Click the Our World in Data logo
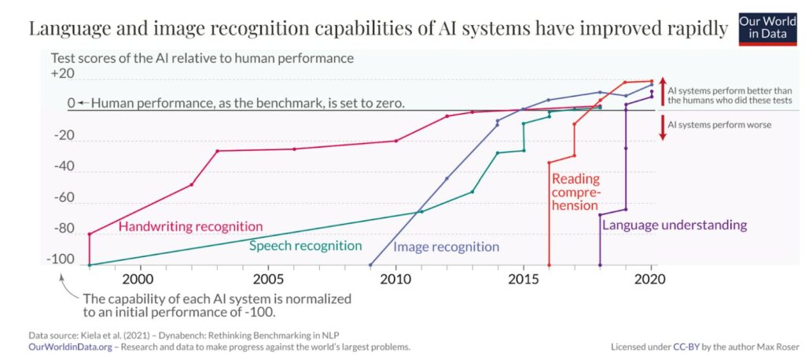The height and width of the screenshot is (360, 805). (770, 28)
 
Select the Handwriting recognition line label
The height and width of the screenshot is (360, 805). (190, 226)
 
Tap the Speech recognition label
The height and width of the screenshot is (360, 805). (305, 245)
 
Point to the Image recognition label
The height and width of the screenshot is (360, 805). (446, 247)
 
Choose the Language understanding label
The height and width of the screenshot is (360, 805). (674, 225)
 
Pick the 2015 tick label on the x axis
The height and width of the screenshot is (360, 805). (523, 278)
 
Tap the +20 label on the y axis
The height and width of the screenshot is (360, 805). (62, 73)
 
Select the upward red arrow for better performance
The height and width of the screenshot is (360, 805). (662, 91)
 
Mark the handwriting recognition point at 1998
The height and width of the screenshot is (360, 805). (90, 233)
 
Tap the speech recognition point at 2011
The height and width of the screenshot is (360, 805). (421, 211)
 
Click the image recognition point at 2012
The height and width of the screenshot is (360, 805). (447, 178)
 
